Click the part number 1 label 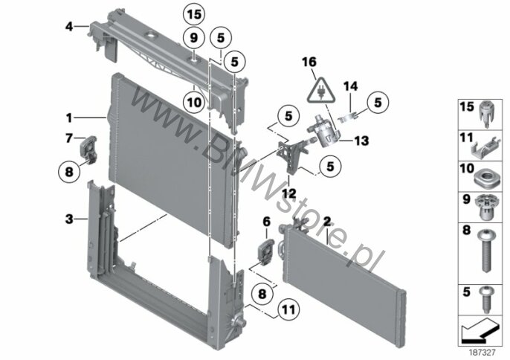point(68,117)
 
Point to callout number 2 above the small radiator point(327,221)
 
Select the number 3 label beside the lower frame point(68,219)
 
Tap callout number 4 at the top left point(69,26)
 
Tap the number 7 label point(68,138)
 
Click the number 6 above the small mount point(265,221)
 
